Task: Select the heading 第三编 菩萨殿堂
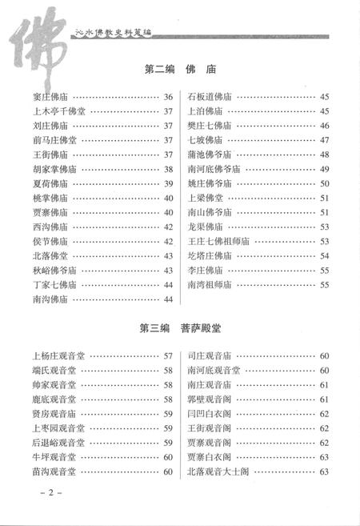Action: (179, 327)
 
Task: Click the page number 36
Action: (168, 98)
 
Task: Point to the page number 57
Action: (168, 356)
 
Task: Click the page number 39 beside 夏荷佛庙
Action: (168, 183)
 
